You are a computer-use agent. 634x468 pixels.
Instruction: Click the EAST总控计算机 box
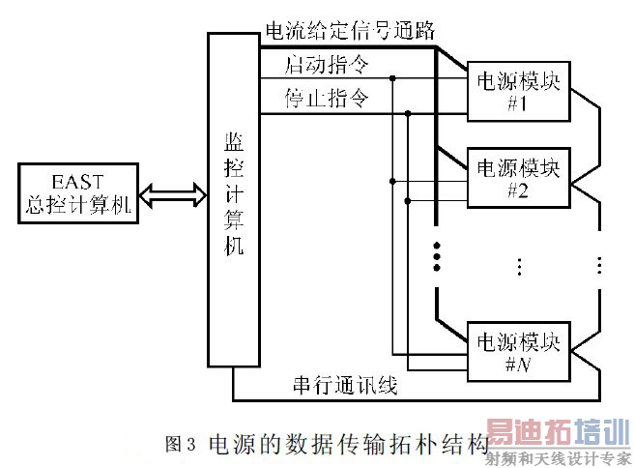tap(77, 190)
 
